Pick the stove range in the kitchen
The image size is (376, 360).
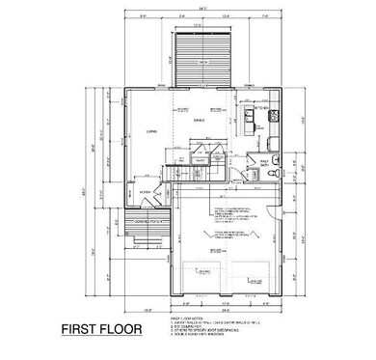273,115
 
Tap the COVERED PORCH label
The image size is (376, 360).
148,219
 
